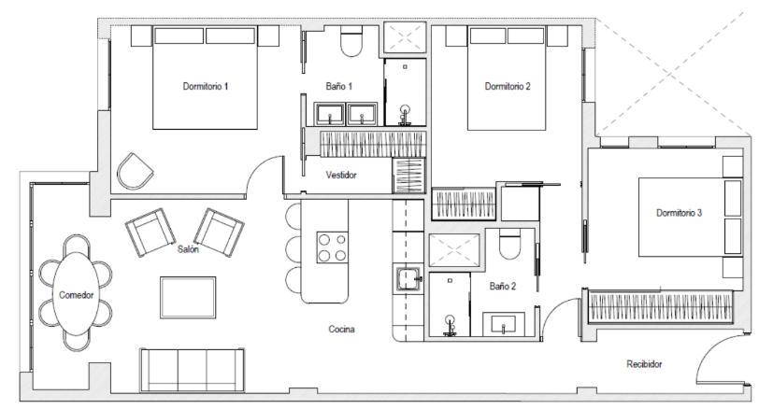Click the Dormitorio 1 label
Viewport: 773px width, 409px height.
pos(205,86)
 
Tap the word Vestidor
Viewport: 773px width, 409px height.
pos(340,175)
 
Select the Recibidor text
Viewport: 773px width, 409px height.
pos(644,364)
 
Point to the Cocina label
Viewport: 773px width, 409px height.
pos(341,329)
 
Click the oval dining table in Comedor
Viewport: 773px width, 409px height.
pos(77,294)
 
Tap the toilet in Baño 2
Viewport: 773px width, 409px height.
pos(509,244)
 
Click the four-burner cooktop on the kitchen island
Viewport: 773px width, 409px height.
pos(332,247)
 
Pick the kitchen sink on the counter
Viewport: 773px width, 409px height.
pos(408,279)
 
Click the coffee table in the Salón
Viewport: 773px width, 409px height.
pos(188,297)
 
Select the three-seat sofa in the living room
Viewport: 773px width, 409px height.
pos(192,370)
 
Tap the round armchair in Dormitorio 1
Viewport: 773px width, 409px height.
pos(134,171)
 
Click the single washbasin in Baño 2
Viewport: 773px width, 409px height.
pos(503,324)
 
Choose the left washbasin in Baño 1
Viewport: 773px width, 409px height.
pos(329,114)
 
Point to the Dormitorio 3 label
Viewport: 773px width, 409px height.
pos(679,213)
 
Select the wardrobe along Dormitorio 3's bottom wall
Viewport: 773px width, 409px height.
pos(660,306)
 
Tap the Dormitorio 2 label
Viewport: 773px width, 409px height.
pos(508,86)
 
